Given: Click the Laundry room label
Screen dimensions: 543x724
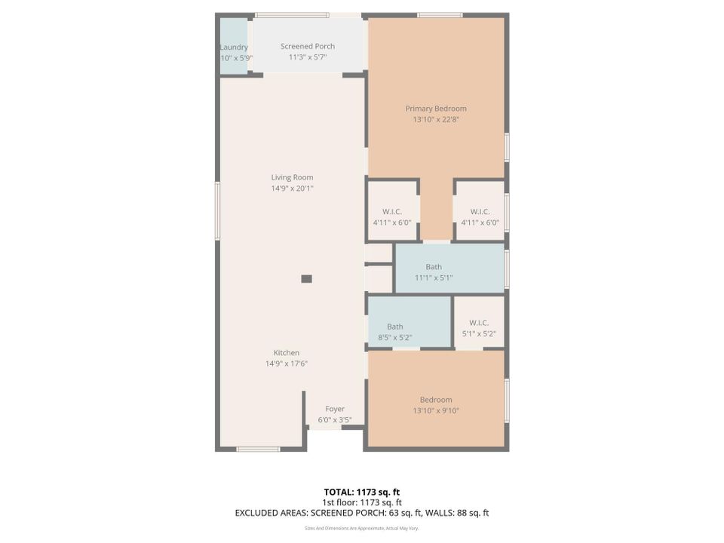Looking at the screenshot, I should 234,47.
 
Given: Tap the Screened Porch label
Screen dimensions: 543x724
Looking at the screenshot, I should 308,46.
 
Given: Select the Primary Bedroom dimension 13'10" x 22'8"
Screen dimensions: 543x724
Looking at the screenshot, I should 436,119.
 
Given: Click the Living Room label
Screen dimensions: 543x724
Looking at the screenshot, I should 292,177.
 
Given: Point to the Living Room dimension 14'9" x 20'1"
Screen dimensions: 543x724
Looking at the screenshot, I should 292,189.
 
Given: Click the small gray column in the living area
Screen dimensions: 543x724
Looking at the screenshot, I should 306,278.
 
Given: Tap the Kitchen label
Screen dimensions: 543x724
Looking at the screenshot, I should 287,352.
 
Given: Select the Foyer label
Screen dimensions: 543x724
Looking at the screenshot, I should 335,409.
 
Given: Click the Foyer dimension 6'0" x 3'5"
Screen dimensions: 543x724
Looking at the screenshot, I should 335,420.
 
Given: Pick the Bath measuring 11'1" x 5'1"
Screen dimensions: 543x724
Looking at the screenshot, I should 434,271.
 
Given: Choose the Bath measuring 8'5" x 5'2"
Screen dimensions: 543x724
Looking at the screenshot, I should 395,332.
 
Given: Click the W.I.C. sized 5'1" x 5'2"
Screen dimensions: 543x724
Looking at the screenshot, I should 479,327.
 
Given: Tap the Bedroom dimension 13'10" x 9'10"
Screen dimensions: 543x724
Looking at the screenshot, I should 436,411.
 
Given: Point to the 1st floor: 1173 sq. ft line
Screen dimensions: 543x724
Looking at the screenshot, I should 362,502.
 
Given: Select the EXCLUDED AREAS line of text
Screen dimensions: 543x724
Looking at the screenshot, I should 362,513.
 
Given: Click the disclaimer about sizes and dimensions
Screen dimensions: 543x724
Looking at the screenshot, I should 362,529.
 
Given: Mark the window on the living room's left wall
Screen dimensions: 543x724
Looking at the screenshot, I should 218,212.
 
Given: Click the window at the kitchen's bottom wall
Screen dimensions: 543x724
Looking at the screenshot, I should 258,449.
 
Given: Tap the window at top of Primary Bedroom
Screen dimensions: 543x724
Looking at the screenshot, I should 440,15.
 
